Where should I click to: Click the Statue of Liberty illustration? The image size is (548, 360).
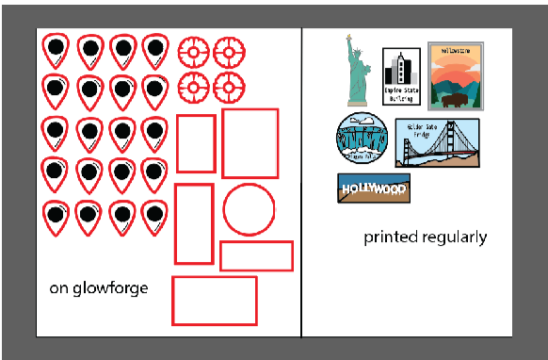(356, 73)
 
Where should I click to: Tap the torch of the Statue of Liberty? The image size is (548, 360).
(348, 38)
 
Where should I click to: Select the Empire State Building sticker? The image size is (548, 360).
(401, 76)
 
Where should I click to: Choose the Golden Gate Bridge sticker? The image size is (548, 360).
(437, 143)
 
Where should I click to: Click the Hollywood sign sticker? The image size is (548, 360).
(374, 188)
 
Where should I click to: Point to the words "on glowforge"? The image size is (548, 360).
(99, 288)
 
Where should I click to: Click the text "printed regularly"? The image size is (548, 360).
(426, 237)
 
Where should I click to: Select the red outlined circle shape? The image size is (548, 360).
(249, 209)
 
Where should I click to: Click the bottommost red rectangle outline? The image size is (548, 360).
(215, 301)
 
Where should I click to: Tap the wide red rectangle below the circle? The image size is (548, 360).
(256, 255)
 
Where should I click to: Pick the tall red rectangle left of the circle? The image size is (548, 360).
(194, 223)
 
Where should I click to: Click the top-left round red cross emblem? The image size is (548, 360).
(192, 52)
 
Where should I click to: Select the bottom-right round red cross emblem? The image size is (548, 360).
(228, 88)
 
